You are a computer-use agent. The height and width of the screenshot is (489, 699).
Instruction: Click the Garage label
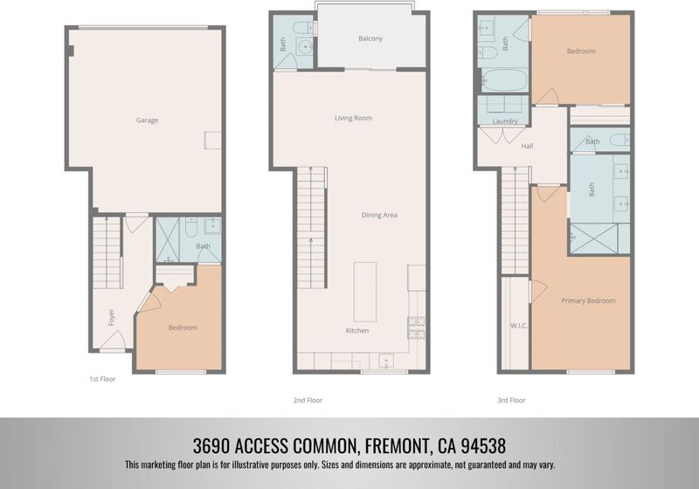pyautogui.click(x=147, y=120)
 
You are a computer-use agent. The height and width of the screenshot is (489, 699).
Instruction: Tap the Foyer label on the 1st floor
pyautogui.click(x=112, y=317)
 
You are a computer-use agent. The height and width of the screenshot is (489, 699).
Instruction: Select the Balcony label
pyautogui.click(x=370, y=38)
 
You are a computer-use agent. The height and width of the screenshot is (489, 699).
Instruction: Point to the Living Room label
pyautogui.click(x=353, y=118)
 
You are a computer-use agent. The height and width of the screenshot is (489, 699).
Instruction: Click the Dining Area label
pyautogui.click(x=379, y=215)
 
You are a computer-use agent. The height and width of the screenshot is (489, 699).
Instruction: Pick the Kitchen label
pyautogui.click(x=357, y=330)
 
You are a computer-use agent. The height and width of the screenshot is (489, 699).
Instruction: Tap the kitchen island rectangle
pyautogui.click(x=365, y=292)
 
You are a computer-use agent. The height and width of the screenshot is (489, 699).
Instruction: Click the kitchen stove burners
pyautogui.click(x=417, y=327)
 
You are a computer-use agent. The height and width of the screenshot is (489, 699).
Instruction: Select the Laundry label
pyautogui.click(x=505, y=121)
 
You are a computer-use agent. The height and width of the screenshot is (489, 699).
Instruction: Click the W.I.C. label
pyautogui.click(x=519, y=326)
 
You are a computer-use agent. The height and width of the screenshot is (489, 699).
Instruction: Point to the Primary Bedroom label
pyautogui.click(x=588, y=300)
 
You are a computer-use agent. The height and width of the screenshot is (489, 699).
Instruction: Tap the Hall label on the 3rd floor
pyautogui.click(x=527, y=146)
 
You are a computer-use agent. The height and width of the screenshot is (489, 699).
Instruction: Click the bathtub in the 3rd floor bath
pyautogui.click(x=505, y=80)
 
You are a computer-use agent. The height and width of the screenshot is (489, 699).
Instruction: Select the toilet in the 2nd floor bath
pyautogui.click(x=305, y=28)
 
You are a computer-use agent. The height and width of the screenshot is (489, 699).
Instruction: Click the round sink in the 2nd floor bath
pyautogui.click(x=305, y=46)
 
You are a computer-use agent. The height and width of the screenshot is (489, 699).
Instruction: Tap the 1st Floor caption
pyautogui.click(x=102, y=379)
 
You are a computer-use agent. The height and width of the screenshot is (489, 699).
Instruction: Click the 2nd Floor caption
pyautogui.click(x=308, y=401)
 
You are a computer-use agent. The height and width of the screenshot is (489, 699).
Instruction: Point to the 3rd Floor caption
pyautogui.click(x=511, y=401)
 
